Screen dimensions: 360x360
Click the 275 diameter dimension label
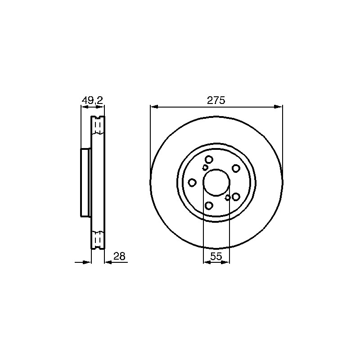[216, 100]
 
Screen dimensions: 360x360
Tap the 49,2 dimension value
[93, 100]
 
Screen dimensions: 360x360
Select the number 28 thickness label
[119, 256]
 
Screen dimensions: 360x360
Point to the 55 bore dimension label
[216, 256]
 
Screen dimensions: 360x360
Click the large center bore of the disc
[216, 182]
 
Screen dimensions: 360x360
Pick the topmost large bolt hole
[209, 159]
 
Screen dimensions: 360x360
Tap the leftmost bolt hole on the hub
[192, 183]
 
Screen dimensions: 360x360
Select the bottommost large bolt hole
[209, 206]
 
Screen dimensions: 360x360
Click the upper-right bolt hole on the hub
[236, 168]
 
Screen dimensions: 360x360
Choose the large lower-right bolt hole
[236, 197]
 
